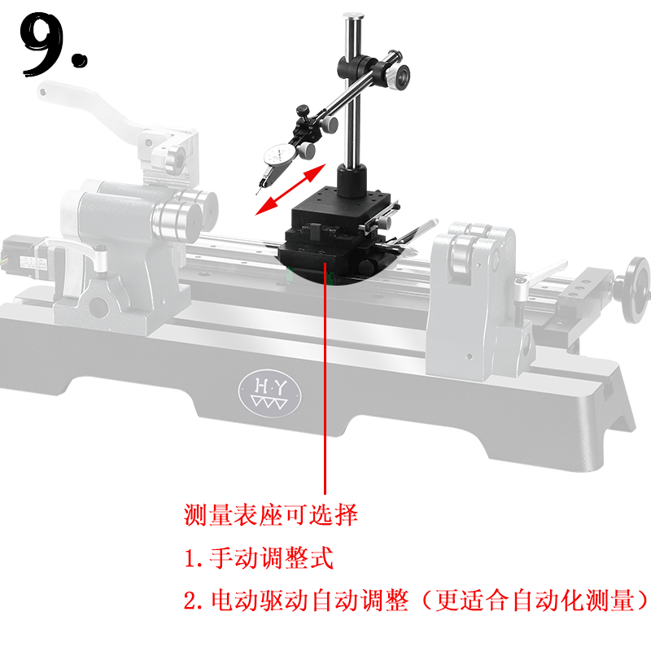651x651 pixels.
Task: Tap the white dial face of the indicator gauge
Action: click(x=278, y=155)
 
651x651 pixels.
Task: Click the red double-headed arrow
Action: click(x=291, y=190)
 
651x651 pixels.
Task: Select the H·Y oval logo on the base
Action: click(x=270, y=392)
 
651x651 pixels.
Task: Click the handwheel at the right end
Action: click(x=636, y=289)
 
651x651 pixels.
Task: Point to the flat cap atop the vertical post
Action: click(x=353, y=16)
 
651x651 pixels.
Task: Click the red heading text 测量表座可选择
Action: click(x=271, y=515)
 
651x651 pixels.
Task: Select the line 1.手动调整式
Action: click(x=259, y=557)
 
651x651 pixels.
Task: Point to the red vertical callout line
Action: click(x=325, y=378)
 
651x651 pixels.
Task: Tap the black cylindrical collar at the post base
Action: click(x=352, y=181)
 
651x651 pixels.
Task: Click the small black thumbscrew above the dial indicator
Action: click(x=303, y=111)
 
